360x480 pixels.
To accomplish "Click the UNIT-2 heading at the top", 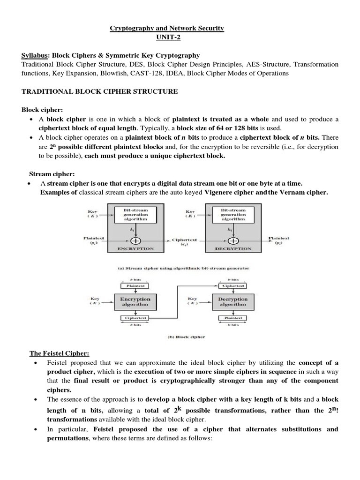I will coord(166,37).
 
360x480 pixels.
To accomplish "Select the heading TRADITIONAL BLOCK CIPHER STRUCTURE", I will coord(100,91).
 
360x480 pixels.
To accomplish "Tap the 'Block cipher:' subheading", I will coord(41,110).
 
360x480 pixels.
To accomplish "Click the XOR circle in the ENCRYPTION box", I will coord(135,240).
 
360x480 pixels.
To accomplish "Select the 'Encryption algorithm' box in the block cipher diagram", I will coord(135,301).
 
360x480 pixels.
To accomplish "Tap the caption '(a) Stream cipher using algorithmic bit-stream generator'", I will coord(183,269).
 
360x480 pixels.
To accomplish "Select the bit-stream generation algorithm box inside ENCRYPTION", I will coord(135,214).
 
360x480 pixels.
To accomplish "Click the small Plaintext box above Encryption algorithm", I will coord(135,285).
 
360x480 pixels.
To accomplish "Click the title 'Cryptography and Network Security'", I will coord(166,29).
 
